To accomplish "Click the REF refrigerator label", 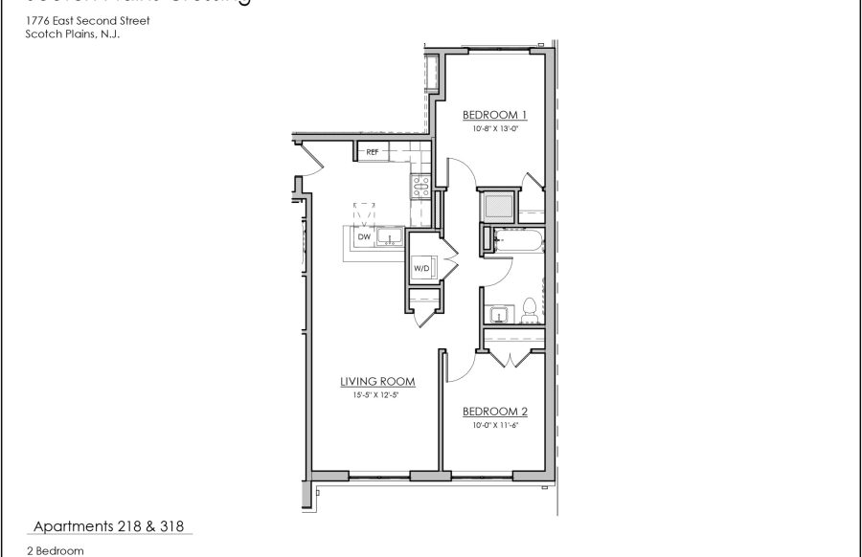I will click(372, 151).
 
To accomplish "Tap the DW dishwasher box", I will click(363, 236).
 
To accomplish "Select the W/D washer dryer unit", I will click(421, 269).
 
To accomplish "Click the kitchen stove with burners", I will click(420, 186).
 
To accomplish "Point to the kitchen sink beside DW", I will click(388, 237).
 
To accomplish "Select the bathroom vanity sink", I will click(496, 314).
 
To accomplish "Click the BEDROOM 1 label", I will click(495, 114).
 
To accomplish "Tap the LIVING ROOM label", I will click(370, 381).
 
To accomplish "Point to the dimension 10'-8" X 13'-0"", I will click(495, 127).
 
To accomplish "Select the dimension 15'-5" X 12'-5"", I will click(370, 394).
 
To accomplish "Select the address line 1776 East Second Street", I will click(88, 20).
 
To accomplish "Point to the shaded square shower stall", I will click(498, 206).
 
